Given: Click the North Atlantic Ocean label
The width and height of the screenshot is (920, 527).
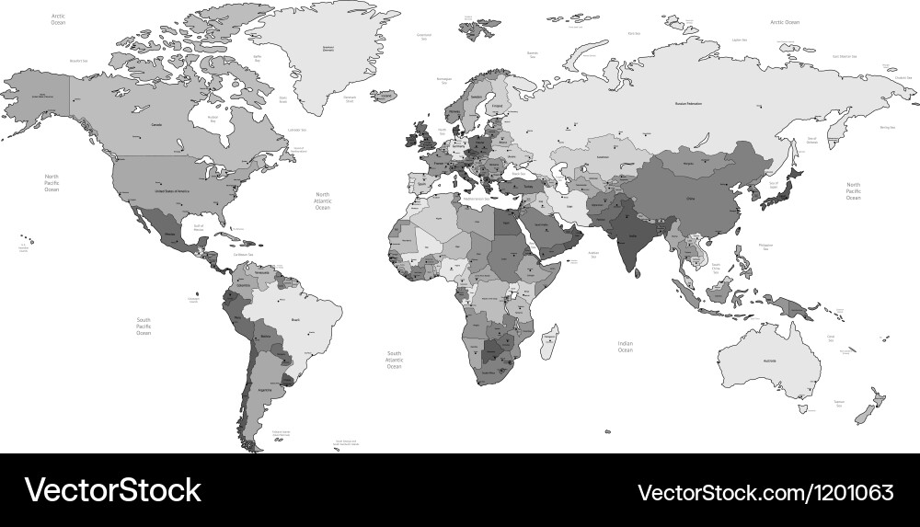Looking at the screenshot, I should (x=323, y=201).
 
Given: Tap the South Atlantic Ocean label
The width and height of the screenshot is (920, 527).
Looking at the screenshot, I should (x=394, y=360).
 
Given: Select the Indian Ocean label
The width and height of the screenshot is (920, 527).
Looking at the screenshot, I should (x=625, y=347).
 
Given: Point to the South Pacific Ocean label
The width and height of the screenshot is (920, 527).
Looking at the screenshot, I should (x=144, y=326).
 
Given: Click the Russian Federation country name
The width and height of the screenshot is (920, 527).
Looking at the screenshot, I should (x=688, y=104).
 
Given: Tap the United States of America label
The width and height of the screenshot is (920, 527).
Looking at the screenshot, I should (x=172, y=190).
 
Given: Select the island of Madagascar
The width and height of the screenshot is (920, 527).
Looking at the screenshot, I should (x=551, y=341).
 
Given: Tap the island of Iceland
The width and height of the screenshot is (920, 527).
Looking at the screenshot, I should (x=386, y=96).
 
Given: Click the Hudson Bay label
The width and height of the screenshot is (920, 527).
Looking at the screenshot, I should (x=213, y=119).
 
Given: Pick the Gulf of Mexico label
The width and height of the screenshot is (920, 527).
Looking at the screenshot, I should (x=195, y=226).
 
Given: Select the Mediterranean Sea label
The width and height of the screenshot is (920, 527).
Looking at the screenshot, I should (x=479, y=199).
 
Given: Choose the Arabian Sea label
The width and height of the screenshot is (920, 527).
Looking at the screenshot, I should (x=594, y=255).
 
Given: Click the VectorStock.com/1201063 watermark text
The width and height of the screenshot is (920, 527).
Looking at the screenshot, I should (x=765, y=490).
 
